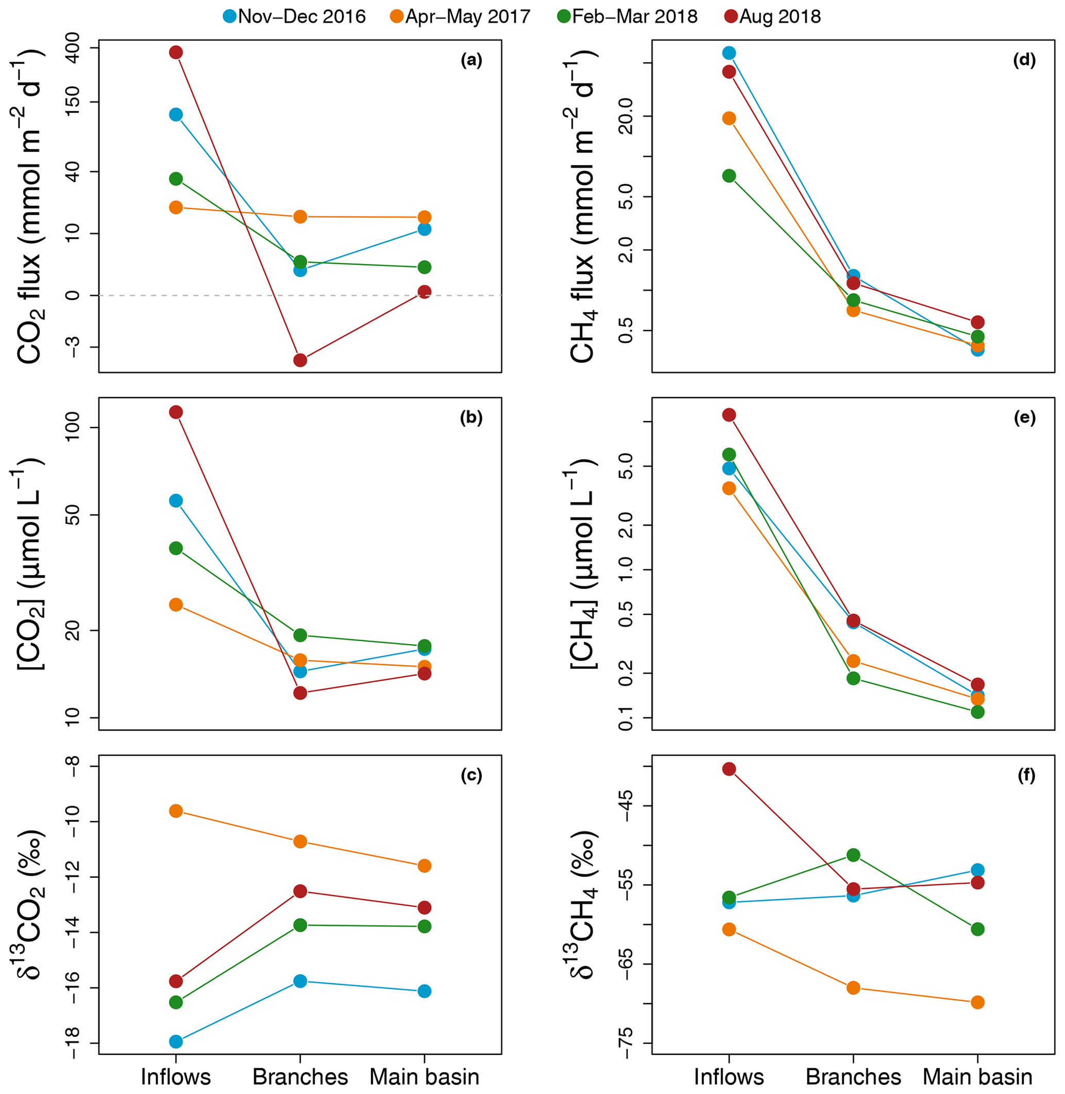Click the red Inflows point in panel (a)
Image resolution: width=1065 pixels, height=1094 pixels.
pyautogui.click(x=176, y=53)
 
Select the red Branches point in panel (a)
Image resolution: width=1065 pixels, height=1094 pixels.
pyautogui.click(x=300, y=360)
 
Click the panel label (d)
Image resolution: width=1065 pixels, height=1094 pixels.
pyautogui.click(x=1024, y=60)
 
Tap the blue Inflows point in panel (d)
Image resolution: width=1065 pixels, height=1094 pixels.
pyautogui.click(x=729, y=53)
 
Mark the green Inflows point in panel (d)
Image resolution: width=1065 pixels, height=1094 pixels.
pyautogui.click(x=729, y=176)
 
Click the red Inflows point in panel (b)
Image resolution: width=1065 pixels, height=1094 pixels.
pyautogui.click(x=176, y=412)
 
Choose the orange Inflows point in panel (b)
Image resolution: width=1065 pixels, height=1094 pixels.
pyautogui.click(x=176, y=604)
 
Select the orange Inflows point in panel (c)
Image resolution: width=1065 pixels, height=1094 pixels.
pyautogui.click(x=176, y=811)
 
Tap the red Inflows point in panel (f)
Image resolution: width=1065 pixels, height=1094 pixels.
pyautogui.click(x=729, y=769)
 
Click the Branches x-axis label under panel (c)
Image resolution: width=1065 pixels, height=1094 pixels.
pyautogui.click(x=300, y=1076)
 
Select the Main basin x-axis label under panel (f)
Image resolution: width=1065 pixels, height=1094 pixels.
pyautogui.click(x=977, y=1076)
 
